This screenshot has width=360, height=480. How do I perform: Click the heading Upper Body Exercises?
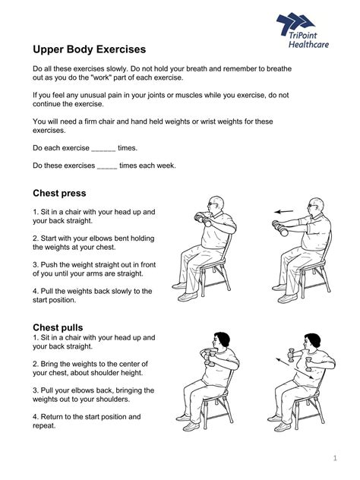point(89,49)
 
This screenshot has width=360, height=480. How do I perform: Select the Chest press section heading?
point(59,193)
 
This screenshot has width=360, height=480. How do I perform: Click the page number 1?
point(335,458)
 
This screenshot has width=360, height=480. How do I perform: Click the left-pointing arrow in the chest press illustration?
point(284,211)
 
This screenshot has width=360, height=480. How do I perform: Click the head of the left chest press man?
point(217,206)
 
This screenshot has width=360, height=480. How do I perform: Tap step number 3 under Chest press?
point(35,264)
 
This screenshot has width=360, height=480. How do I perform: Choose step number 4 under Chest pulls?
point(35,416)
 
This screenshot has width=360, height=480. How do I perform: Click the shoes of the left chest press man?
point(179,287)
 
